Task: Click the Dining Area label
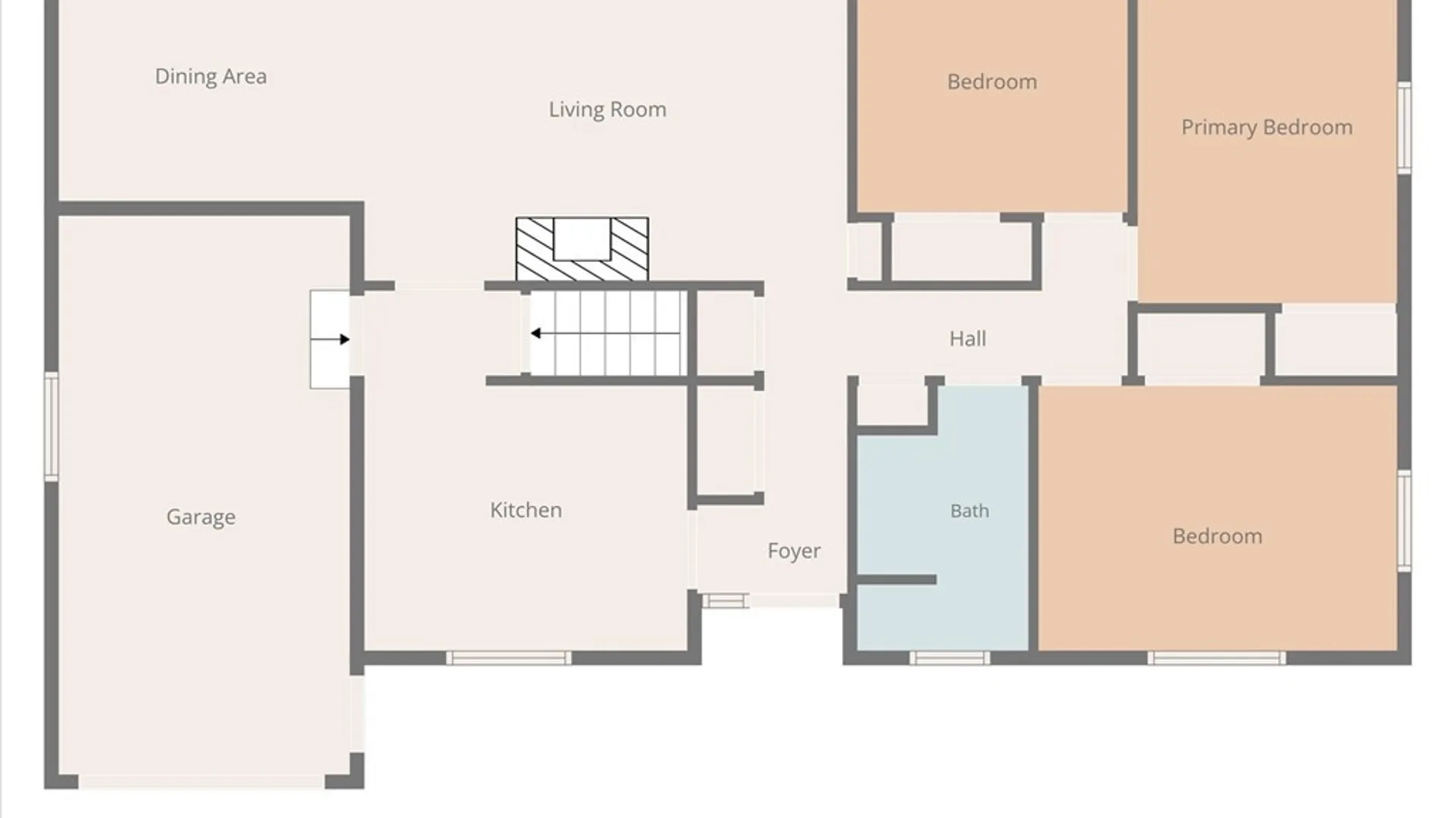pyautogui.click(x=211, y=76)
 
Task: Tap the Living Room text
pyautogui.click(x=607, y=110)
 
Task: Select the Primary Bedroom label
pyautogui.click(x=1267, y=127)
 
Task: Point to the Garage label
pyautogui.click(x=201, y=517)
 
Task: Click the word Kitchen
pyautogui.click(x=526, y=510)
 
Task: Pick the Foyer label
pyautogui.click(x=794, y=551)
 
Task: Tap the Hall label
pyautogui.click(x=968, y=339)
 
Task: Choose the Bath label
pyautogui.click(x=969, y=510)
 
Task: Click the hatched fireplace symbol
pyautogui.click(x=582, y=249)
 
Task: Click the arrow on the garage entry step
pyautogui.click(x=330, y=339)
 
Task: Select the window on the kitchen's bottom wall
pyautogui.click(x=508, y=657)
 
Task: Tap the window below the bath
pyautogui.click(x=949, y=657)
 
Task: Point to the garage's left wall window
pyautogui.click(x=51, y=426)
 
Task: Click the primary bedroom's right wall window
pyautogui.click(x=1404, y=127)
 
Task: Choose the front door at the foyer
pyautogui.click(x=794, y=601)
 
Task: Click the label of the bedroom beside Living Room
pyautogui.click(x=992, y=82)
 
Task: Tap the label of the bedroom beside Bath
pyautogui.click(x=1217, y=536)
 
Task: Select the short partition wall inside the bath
pyautogui.click(x=897, y=579)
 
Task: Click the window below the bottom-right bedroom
pyautogui.click(x=1216, y=657)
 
